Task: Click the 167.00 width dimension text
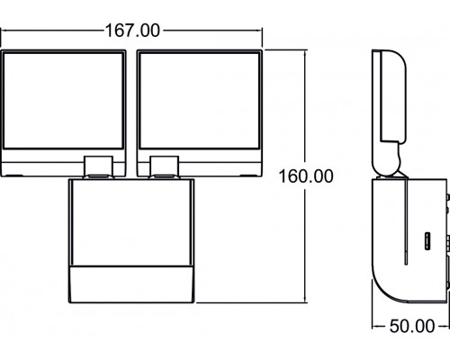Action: pos(131,30)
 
